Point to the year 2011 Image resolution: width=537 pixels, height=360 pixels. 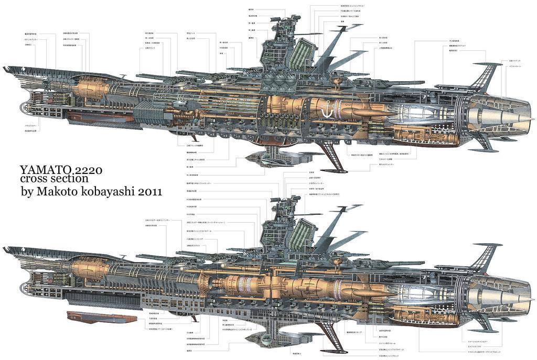154,192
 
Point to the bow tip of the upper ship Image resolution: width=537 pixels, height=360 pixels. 5,69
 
